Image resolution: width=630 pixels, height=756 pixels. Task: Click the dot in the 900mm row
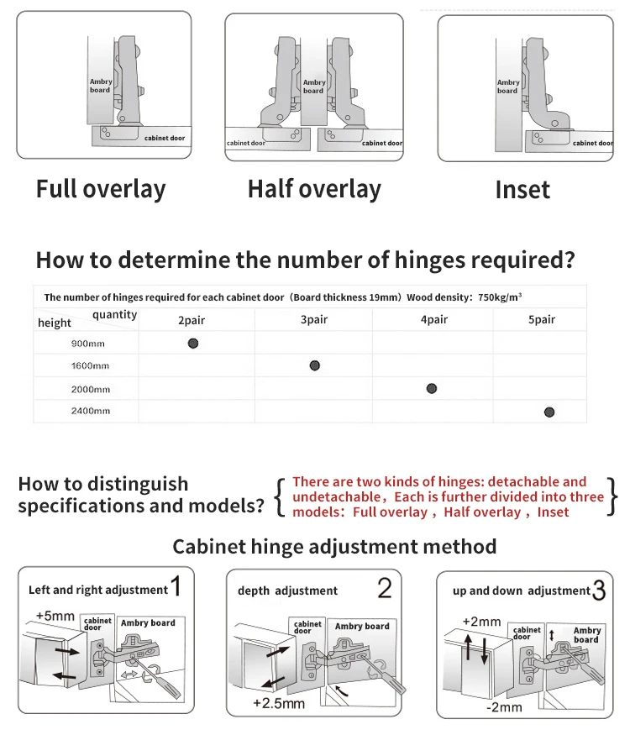(193, 343)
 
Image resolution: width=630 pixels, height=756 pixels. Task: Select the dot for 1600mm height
(314, 365)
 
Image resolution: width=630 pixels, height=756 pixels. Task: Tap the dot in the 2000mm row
(431, 388)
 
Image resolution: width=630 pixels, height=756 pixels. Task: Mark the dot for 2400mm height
(549, 412)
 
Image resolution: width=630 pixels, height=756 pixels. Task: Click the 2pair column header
(192, 320)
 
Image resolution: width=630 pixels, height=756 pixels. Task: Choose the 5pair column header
(542, 320)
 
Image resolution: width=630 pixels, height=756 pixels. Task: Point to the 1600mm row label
(90, 366)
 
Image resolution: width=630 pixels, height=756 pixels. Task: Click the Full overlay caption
(101, 189)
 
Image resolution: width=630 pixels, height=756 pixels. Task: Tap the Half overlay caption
(314, 189)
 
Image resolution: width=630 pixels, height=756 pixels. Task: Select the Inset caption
(522, 190)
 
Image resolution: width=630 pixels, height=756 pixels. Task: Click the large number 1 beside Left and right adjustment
(176, 586)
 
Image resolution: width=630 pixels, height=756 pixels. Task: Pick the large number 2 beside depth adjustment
(384, 588)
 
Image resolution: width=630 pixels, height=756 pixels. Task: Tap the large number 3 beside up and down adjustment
(599, 591)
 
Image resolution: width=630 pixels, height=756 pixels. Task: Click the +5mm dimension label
(55, 616)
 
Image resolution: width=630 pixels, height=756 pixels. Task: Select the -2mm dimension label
(503, 706)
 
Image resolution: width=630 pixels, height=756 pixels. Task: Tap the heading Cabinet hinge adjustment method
(334, 547)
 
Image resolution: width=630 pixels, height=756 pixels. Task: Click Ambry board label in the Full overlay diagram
(101, 86)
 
